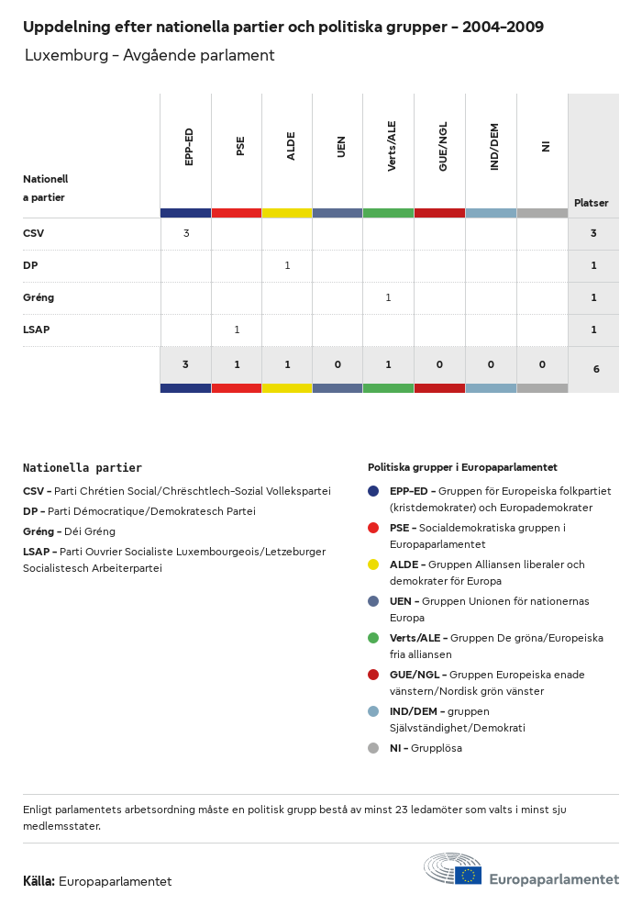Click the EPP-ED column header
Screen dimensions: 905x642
(189, 147)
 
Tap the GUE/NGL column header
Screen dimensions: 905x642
(443, 147)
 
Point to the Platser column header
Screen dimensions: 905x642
(592, 203)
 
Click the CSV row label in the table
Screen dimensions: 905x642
(34, 233)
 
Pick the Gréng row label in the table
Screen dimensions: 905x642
(39, 297)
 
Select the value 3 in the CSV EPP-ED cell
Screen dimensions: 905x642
(186, 233)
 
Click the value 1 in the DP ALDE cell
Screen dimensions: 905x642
(287, 265)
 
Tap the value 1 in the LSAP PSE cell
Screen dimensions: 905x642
(237, 330)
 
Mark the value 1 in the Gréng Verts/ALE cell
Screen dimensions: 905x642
(388, 297)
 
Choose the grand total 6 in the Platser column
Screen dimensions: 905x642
(596, 369)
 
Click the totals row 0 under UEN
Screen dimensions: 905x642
(338, 364)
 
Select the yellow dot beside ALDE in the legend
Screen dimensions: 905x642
(373, 564)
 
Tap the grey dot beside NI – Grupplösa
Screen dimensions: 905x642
(373, 748)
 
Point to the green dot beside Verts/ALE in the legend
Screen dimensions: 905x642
(373, 638)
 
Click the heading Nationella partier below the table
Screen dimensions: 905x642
(83, 468)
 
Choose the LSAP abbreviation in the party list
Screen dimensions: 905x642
(37, 552)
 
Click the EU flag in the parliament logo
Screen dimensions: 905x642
(468, 876)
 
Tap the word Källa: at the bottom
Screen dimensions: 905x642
(39, 881)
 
